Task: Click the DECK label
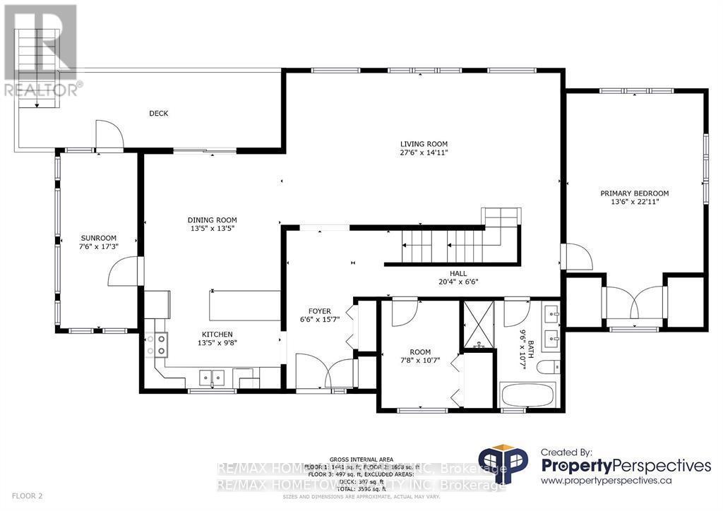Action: (158, 113)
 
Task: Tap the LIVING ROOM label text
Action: (424, 144)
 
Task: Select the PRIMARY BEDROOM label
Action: (634, 193)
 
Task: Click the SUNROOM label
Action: (98, 238)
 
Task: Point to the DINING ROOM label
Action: (212, 220)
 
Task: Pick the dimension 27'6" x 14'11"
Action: (424, 152)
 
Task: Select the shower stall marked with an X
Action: (479, 325)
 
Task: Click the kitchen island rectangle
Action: (245, 305)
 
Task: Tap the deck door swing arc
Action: (109, 134)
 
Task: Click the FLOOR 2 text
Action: (22, 496)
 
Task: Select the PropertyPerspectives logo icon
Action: (503, 464)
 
